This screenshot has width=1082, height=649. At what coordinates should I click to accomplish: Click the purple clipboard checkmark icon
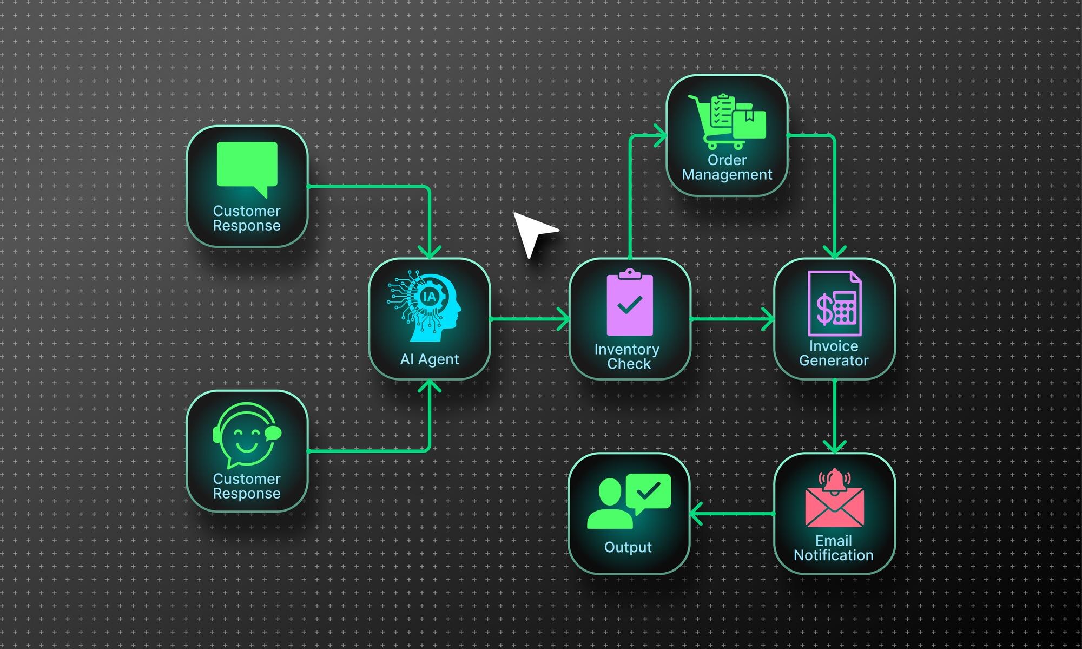pos(630,304)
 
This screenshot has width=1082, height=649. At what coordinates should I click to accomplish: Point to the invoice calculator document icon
pos(835,304)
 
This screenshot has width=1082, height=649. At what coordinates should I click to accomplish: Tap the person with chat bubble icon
pos(628,501)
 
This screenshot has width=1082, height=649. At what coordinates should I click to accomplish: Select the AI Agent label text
pos(430,359)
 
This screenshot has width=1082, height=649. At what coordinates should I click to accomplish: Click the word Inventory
pos(626,350)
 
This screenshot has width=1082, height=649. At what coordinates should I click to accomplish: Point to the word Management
pos(727,175)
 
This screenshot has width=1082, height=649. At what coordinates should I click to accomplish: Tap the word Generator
pos(834,360)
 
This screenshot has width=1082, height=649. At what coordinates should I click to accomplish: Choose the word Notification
pos(833,555)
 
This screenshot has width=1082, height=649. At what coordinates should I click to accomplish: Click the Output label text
pos(628,547)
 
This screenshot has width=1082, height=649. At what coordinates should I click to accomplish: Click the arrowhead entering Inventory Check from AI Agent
pos(564,319)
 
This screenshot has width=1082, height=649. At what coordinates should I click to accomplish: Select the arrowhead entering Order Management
pos(661,135)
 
